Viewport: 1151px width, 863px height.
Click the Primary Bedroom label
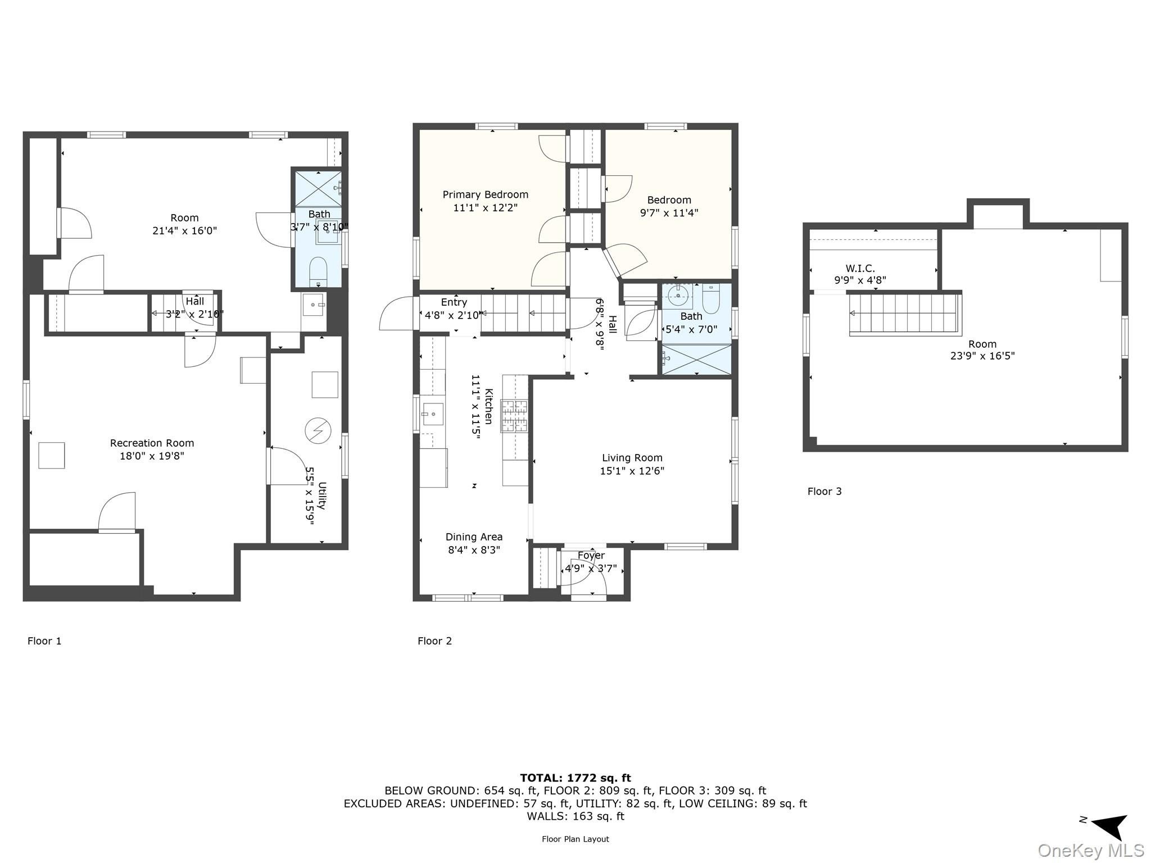485,195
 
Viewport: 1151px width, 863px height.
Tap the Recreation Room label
152,443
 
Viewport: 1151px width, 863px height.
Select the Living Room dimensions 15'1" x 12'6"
632,471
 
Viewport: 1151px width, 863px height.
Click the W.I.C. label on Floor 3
860,269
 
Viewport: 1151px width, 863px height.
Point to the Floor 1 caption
44,641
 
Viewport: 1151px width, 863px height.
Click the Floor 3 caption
824,492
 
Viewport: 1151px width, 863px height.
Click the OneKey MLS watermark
1091,850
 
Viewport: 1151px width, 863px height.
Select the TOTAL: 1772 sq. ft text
575,778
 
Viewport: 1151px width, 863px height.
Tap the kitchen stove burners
515,416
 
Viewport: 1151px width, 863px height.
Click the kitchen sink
432,414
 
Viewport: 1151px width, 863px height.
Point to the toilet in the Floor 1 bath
319,271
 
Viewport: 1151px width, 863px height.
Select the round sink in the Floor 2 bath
679,296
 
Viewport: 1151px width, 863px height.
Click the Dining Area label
474,537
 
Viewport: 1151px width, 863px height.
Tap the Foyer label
591,556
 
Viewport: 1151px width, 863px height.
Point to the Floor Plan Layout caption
575,839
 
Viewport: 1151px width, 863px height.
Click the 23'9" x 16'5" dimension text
982,356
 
